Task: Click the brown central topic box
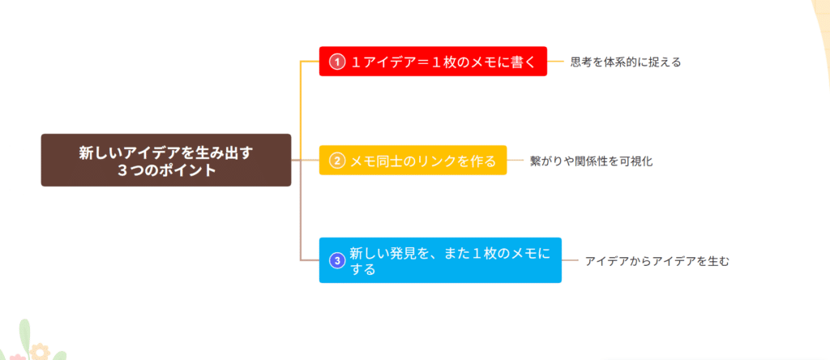pyautogui.click(x=165, y=160)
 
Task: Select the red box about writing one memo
pyautogui.click(x=433, y=61)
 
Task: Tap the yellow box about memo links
pyautogui.click(x=413, y=161)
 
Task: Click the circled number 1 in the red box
pyautogui.click(x=336, y=62)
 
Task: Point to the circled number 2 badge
pyautogui.click(x=336, y=161)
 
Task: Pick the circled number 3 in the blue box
pyautogui.click(x=336, y=260)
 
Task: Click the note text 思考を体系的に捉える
pyautogui.click(x=625, y=62)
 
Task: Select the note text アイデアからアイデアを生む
pyautogui.click(x=657, y=261)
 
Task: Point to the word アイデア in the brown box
pyautogui.click(x=156, y=152)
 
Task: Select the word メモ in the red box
pyautogui.click(x=482, y=62)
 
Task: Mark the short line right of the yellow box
pyautogui.click(x=516, y=161)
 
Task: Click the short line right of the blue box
pyautogui.click(x=570, y=260)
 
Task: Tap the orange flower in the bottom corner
pyautogui.click(x=39, y=352)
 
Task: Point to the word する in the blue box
pyautogui.click(x=363, y=269)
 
